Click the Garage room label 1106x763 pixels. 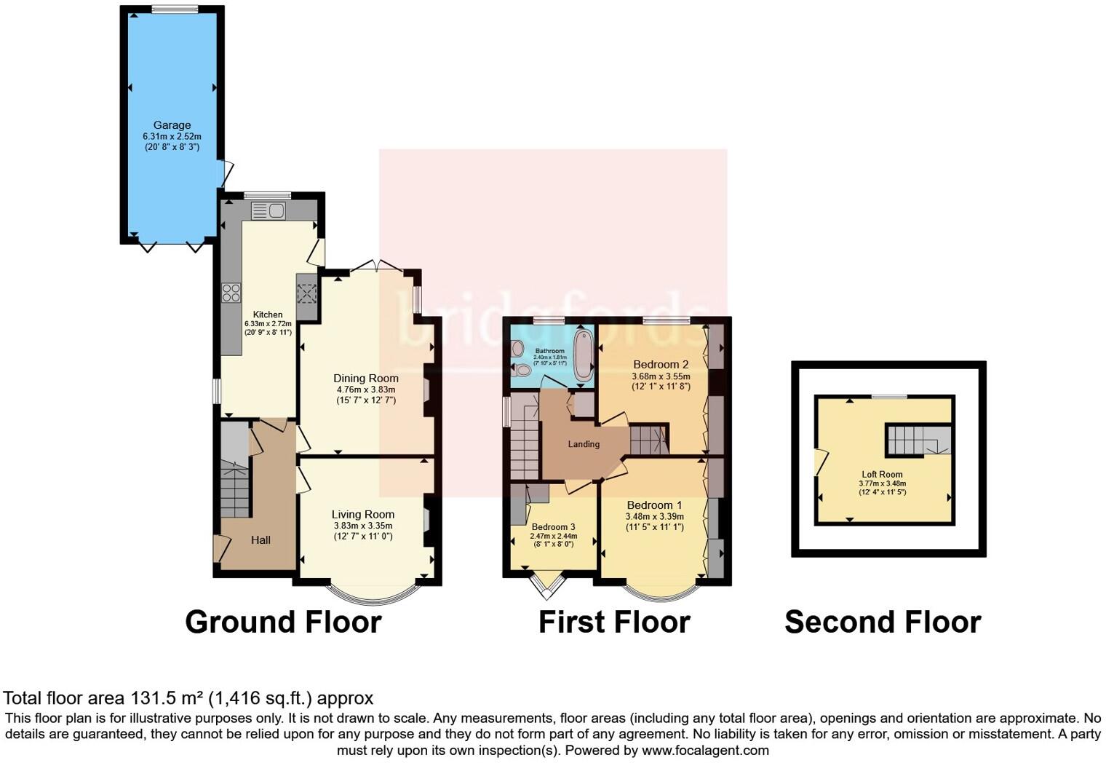[x=172, y=125]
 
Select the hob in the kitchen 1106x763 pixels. [x=231, y=293]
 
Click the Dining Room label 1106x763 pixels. [x=366, y=378]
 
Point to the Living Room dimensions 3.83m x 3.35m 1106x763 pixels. [x=362, y=526]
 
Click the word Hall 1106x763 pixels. [x=260, y=539]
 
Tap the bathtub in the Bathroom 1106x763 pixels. [x=584, y=357]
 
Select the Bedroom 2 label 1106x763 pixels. [x=661, y=364]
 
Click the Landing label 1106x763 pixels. [x=584, y=444]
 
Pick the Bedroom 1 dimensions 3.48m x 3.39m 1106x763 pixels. [x=654, y=517]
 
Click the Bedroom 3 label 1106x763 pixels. [x=553, y=526]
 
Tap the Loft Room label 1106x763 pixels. [x=882, y=474]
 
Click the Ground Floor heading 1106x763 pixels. [x=283, y=622]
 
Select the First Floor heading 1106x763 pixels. [x=614, y=622]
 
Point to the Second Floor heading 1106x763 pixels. [x=883, y=622]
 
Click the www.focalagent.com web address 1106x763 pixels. [x=704, y=750]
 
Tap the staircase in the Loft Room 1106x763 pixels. [x=918, y=439]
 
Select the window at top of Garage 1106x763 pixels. [x=175, y=9]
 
